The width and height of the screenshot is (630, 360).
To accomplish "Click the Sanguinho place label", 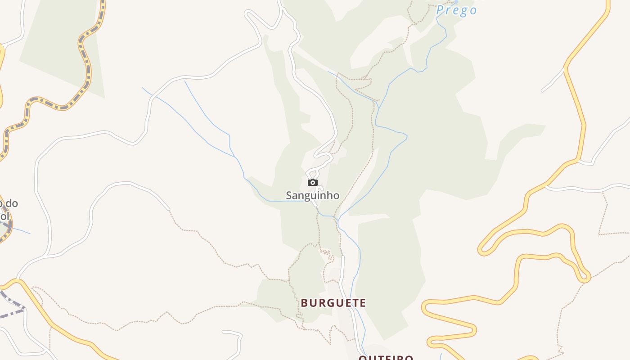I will [312, 196].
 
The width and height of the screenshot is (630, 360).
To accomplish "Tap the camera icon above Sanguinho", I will [312, 182].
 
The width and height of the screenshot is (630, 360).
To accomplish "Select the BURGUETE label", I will [333, 303].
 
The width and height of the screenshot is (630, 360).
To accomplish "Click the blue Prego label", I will [456, 10].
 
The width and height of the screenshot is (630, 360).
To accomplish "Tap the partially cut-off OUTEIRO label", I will [386, 358].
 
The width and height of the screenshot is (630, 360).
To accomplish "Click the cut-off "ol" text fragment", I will [4, 216].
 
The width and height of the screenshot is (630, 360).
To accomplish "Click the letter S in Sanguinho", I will [289, 196].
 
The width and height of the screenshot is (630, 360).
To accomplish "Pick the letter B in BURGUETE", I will [305, 303].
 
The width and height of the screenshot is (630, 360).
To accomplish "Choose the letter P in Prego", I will [440, 10].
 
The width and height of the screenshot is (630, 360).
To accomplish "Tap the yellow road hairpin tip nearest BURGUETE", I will [425, 308].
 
